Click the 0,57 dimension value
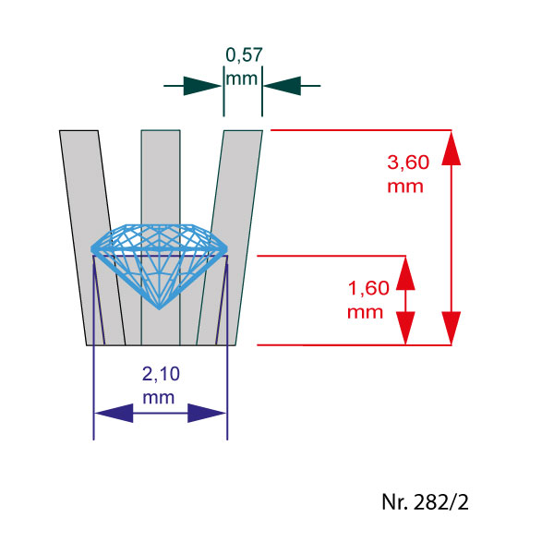tap(245, 55)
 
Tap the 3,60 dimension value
tap(407, 163)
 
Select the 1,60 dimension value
tap(366, 289)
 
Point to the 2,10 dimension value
tap(160, 375)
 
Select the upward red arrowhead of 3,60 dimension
tap(451, 147)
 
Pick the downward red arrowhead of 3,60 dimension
tap(451, 328)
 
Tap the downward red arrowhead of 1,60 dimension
tap(405, 328)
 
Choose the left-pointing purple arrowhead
tap(113, 413)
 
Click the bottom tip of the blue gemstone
tap(161, 307)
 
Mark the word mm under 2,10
tap(160, 398)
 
